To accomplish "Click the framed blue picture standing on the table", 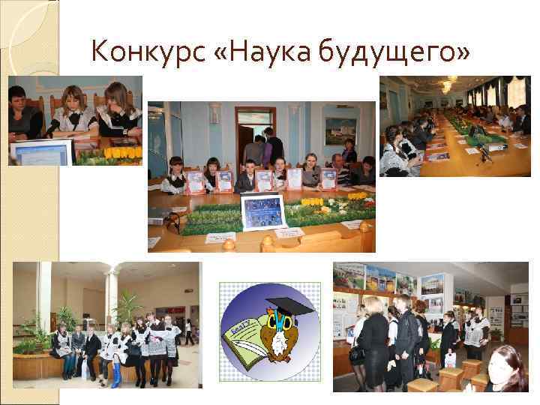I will click(x=262, y=211).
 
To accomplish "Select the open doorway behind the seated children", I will click(x=254, y=135).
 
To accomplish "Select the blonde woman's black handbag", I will click(x=358, y=352).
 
